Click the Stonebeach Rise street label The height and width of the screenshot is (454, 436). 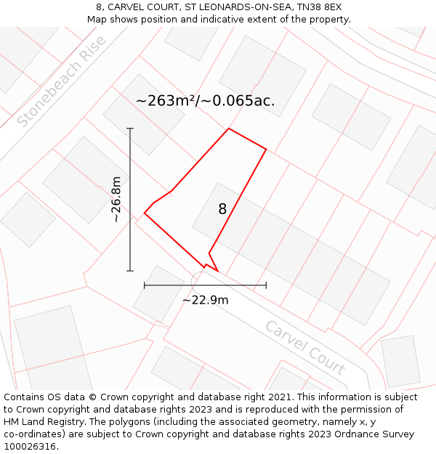[62, 81]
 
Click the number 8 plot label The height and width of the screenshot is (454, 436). [222, 209]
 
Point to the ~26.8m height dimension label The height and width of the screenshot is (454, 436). [116, 200]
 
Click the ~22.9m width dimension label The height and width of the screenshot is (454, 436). [205, 300]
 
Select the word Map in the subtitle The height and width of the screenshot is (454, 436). [97, 19]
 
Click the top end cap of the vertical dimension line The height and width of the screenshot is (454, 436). [130, 129]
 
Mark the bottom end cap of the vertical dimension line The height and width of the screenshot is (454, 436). [130, 271]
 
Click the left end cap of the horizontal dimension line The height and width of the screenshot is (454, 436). [145, 285]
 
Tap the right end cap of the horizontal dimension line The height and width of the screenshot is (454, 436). [266, 285]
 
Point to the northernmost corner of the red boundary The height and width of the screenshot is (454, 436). [229, 129]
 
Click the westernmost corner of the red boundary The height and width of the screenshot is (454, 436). [145, 214]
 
